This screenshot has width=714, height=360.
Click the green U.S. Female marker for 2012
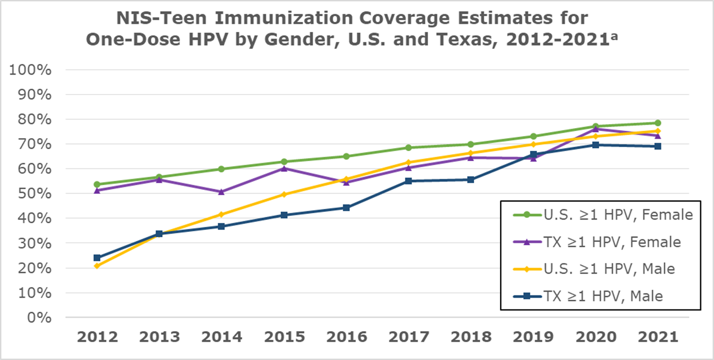click(97, 184)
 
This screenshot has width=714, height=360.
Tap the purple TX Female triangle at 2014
click(222, 192)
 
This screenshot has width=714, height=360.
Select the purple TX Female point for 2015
click(284, 168)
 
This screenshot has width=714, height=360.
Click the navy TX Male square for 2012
click(97, 258)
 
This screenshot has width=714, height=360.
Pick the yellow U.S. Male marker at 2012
click(97, 266)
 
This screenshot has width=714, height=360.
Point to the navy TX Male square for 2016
click(346, 208)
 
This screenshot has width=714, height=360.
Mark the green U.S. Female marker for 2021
click(658, 123)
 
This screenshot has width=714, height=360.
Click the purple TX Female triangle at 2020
click(596, 129)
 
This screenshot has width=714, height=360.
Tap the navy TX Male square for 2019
click(533, 154)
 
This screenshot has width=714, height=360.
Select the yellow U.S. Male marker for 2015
click(284, 194)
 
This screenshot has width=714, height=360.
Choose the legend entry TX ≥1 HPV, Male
click(603, 296)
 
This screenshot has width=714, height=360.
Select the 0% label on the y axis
click(39, 318)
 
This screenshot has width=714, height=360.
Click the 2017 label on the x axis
click(409, 337)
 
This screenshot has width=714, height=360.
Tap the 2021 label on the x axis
click(658, 337)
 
